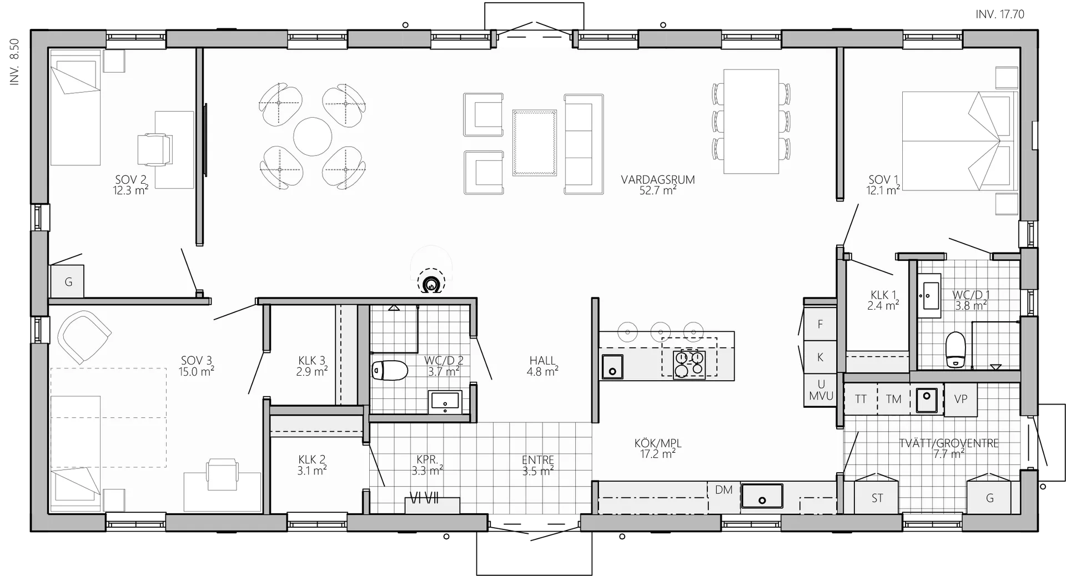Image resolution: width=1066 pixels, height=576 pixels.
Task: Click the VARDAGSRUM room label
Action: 658,180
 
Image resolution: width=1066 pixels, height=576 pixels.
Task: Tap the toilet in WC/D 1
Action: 955,350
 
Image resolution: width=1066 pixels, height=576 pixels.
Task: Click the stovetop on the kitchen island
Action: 689,365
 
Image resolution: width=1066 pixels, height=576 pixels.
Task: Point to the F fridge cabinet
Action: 820,325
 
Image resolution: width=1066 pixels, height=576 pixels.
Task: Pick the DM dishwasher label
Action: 723,490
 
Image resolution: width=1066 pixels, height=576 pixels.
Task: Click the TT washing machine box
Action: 861,399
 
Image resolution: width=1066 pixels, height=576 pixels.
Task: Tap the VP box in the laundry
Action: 961,399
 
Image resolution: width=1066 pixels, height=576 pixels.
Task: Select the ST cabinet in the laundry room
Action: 877,498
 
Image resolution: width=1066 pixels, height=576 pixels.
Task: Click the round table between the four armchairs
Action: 313,137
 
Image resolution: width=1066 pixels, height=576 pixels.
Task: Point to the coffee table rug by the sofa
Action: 534,143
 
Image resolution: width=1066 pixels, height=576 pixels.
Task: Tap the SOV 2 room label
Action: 131,180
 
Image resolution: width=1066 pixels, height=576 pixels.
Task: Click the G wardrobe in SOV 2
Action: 68,282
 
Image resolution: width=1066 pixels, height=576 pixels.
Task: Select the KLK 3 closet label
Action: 312,361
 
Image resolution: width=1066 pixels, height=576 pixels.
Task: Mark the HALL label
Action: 542,361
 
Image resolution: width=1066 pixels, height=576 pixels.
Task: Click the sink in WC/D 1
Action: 928,296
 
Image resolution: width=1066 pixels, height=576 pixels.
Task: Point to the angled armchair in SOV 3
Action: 85,336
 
